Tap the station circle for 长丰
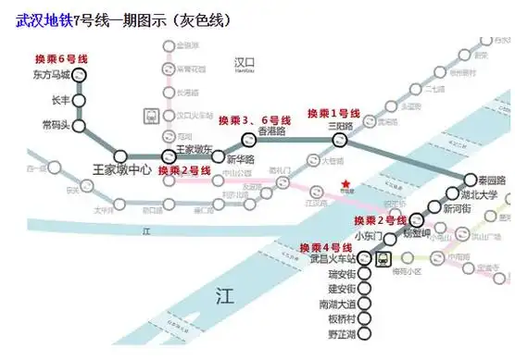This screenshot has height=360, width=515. coord(79,101)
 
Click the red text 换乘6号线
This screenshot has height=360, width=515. coord(62,58)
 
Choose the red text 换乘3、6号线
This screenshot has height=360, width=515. coord(254,120)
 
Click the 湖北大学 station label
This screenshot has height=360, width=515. coord(479,195)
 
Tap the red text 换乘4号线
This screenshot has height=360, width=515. coord(324,247)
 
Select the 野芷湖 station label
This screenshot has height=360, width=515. coord(336,332)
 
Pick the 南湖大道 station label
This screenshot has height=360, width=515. coord(335,304)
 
